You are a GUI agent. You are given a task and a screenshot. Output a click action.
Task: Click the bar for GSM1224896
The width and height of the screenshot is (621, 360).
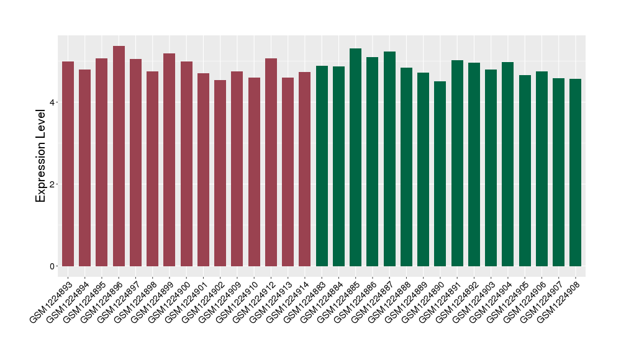[x=119, y=156]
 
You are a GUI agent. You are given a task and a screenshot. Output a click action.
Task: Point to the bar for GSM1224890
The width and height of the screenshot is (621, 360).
[x=440, y=174]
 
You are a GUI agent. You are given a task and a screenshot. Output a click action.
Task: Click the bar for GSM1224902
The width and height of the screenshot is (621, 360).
[x=220, y=173]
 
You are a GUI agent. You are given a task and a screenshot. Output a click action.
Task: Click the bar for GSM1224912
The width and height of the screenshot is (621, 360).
[x=271, y=162]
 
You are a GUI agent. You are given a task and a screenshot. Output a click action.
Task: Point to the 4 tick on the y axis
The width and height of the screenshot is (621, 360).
[x=57, y=102]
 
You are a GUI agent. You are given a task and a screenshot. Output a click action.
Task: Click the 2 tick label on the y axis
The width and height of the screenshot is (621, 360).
[x=52, y=184]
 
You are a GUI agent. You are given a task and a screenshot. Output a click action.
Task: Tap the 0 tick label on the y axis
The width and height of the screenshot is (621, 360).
[x=52, y=266]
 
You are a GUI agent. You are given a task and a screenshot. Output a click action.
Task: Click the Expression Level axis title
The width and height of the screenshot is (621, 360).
[x=41, y=155]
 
